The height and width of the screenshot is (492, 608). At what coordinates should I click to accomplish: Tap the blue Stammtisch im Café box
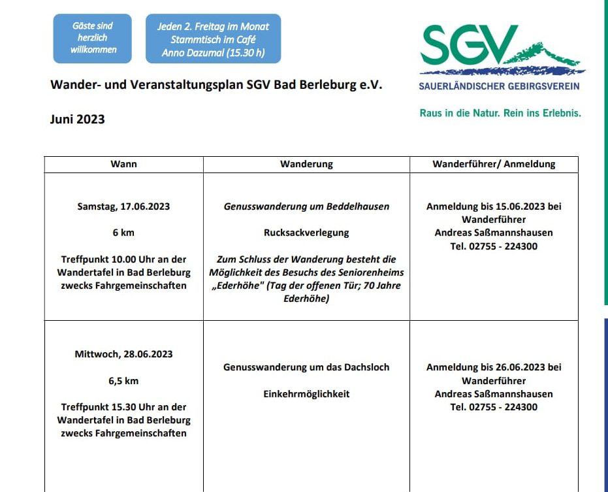[213, 39]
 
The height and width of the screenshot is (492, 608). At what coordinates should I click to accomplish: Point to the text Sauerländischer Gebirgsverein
[499, 86]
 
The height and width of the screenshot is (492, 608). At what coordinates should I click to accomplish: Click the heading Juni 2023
[77, 119]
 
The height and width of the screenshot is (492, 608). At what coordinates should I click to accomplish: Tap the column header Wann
[123, 164]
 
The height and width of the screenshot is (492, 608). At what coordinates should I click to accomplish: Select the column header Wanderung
[306, 164]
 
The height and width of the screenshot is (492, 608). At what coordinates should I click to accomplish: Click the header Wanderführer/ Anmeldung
[494, 164]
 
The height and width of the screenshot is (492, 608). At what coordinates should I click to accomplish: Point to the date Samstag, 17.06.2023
[123, 206]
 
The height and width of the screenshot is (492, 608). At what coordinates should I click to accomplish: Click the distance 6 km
[123, 233]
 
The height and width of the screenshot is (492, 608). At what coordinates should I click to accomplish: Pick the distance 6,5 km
[123, 380]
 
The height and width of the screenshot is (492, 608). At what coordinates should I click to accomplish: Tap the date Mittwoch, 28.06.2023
[123, 353]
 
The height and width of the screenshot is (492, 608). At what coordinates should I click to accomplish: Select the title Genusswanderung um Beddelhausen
[306, 206]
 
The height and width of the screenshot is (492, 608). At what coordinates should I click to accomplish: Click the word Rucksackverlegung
[306, 233]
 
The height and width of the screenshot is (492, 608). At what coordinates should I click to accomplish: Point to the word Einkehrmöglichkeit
[306, 394]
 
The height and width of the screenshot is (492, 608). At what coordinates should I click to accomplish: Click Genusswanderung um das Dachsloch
[306, 367]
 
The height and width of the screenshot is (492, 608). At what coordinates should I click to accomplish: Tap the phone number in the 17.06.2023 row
[494, 246]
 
